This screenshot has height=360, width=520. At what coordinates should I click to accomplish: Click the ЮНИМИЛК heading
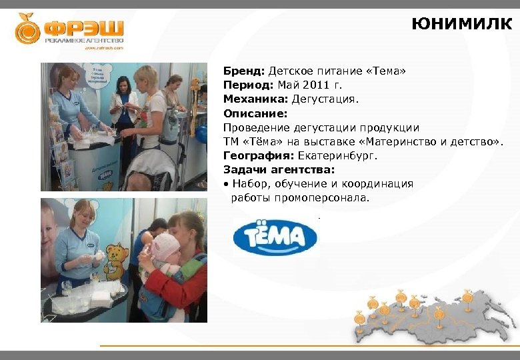461,25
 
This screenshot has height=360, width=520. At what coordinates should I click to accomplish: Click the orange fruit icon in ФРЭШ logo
28,29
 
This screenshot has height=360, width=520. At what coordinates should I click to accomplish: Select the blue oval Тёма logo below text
275,238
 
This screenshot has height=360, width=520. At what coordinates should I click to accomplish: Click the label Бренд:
244,71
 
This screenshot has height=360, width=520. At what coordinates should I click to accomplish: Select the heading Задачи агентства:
270,170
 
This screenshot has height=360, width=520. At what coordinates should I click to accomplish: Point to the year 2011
317,85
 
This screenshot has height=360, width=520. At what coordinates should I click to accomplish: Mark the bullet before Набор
226,184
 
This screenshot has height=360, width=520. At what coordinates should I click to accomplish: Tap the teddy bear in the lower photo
115,262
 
